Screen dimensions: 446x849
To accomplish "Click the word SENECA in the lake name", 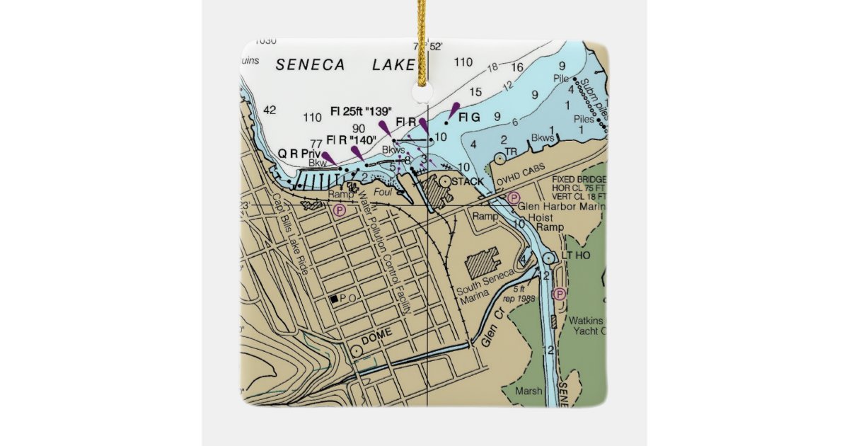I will (310, 65).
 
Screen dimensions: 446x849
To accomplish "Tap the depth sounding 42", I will (270, 110).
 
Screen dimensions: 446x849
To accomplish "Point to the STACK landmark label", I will (468, 182).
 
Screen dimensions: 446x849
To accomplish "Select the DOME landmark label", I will (376, 340).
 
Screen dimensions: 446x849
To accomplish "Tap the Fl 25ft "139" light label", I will (362, 111).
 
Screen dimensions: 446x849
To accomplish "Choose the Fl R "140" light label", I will (351, 139).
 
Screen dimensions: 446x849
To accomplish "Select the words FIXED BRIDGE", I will (578, 180).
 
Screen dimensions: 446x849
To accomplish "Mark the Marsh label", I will (529, 391).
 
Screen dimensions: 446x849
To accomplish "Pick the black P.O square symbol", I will (334, 299).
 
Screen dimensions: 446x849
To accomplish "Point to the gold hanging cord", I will (424, 42).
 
